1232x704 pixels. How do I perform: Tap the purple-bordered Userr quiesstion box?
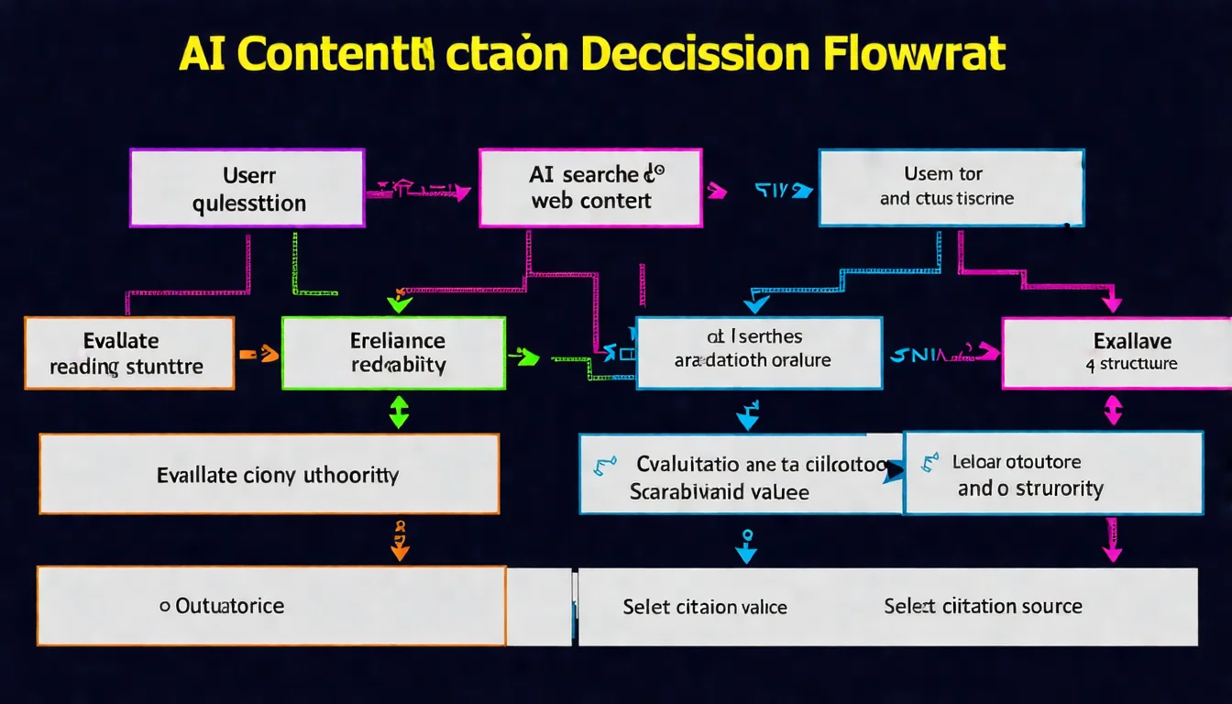click(247, 188)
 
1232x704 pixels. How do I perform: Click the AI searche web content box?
click(590, 188)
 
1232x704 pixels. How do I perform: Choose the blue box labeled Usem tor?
click(951, 187)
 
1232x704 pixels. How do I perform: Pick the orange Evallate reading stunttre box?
click(129, 353)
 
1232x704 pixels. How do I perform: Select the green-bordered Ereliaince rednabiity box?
click(393, 353)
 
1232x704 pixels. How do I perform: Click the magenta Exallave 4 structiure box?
click(1116, 353)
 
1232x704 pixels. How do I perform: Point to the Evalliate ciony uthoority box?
click(269, 474)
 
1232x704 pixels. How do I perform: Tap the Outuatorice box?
click(270, 606)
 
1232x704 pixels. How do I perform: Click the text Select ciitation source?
click(983, 606)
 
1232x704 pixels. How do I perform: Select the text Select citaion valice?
click(705, 607)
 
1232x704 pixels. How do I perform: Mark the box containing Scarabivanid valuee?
click(740, 474)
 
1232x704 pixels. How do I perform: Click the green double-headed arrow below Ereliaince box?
click(399, 412)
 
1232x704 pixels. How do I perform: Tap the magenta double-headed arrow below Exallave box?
click(1113, 410)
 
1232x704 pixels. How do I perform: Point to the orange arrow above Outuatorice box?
click(399, 541)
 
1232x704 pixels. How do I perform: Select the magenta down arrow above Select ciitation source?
click(1112, 540)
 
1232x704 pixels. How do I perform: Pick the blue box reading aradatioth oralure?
click(759, 353)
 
